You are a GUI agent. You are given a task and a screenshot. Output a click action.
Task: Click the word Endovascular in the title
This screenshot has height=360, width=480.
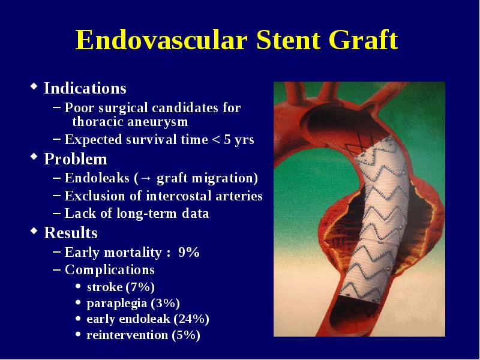161,40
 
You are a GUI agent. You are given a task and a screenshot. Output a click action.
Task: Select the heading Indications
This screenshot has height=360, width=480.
85,88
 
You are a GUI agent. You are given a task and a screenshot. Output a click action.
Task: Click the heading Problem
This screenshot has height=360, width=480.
76,159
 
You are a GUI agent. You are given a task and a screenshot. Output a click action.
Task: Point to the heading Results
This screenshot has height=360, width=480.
71,233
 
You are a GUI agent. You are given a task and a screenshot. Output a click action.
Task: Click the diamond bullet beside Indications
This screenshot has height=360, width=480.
34,86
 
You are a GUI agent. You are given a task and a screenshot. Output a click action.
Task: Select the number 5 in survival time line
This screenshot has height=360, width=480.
227,140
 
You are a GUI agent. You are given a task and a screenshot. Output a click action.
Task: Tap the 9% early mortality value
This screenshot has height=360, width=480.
189,252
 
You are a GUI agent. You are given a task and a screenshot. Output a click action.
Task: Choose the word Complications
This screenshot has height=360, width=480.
110,269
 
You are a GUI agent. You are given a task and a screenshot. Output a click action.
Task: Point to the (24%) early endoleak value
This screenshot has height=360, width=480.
191,319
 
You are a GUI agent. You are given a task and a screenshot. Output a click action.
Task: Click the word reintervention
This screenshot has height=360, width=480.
127,335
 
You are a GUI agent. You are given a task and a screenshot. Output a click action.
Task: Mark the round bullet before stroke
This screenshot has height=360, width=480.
79,287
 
